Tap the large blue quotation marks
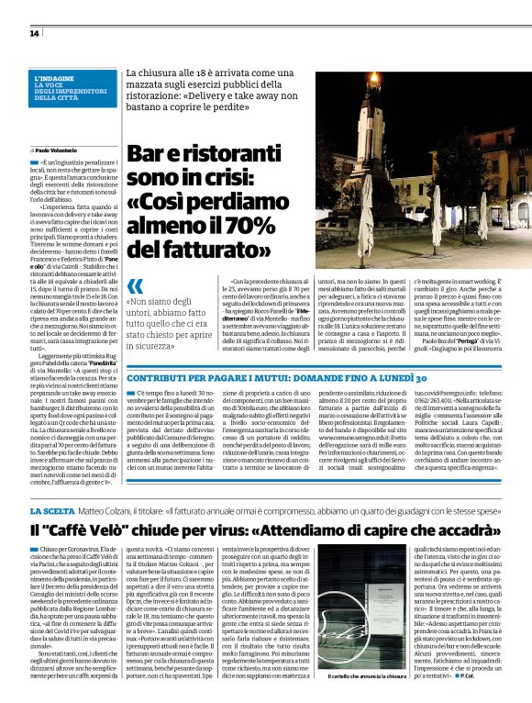[x=138, y=285]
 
